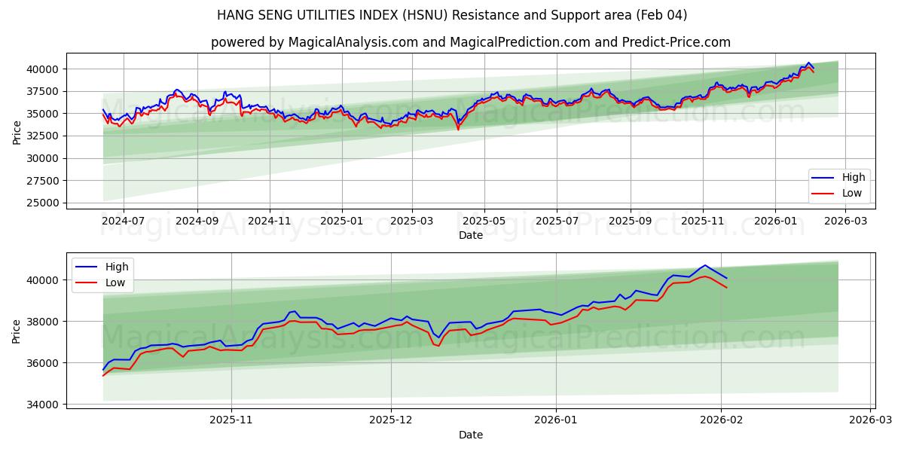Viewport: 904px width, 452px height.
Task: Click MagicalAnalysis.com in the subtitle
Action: pos(353,42)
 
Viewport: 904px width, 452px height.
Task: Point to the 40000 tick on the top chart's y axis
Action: pos(44,69)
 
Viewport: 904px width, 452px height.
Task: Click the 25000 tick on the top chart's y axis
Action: pos(44,203)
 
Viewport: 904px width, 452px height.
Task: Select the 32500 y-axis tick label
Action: pos(44,136)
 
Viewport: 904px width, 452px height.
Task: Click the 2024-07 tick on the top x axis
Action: pos(123,221)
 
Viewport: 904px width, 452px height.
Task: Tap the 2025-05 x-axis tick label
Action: pos(484,221)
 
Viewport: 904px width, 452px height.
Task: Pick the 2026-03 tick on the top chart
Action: pos(846,221)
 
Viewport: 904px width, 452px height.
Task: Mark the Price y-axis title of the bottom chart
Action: pos(17,331)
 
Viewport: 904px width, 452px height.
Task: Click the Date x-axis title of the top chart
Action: pos(471,235)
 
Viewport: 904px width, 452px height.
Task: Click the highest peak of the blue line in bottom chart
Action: pos(704,265)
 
